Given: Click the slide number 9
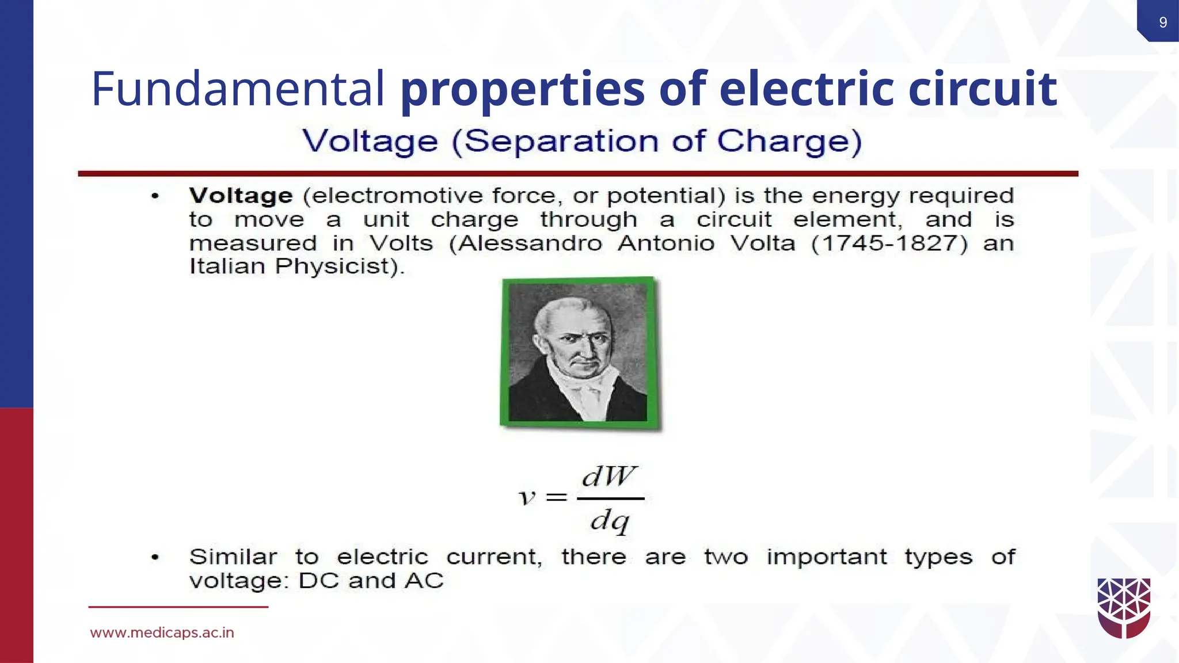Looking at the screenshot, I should pyautogui.click(x=1163, y=22).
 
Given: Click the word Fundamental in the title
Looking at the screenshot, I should pyautogui.click(x=238, y=89).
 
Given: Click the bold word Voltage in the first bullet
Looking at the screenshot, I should pyautogui.click(x=241, y=196).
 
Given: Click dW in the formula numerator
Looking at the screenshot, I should pyautogui.click(x=609, y=477).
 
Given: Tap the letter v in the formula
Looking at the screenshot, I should pyautogui.click(x=527, y=497).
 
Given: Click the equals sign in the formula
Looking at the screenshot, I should pyautogui.click(x=556, y=497).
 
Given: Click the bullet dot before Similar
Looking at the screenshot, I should pyautogui.click(x=155, y=557).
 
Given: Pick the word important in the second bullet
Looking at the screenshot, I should pyautogui.click(x=827, y=557).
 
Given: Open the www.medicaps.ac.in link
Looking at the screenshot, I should pyautogui.click(x=162, y=633).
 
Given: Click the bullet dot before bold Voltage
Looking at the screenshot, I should pyautogui.click(x=155, y=197).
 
